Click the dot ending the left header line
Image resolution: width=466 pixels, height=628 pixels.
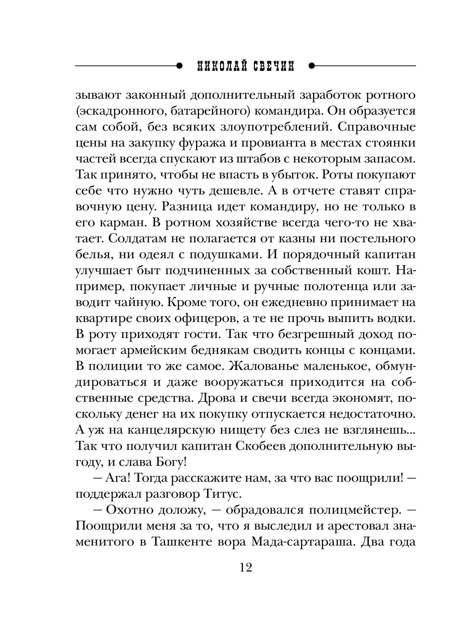pos(179,66)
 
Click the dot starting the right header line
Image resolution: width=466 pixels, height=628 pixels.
pos(311,66)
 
